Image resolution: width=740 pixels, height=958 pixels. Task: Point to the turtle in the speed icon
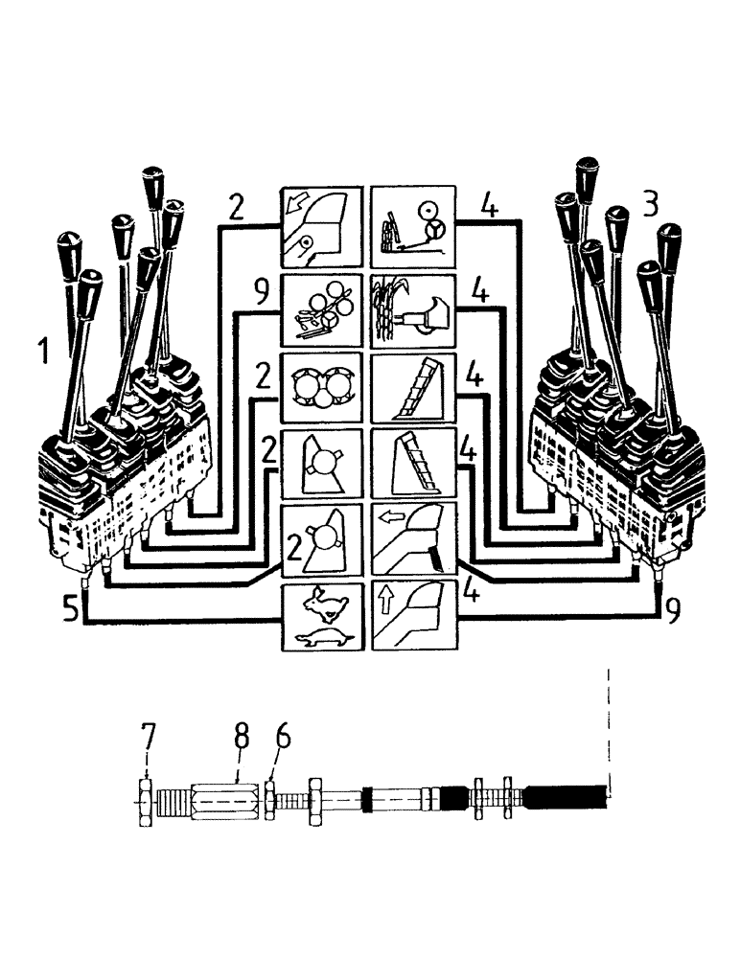(x=323, y=634)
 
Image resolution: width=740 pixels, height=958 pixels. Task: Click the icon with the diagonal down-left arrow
(x=321, y=226)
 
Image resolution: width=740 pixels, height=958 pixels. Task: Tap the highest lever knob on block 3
(x=587, y=175)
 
